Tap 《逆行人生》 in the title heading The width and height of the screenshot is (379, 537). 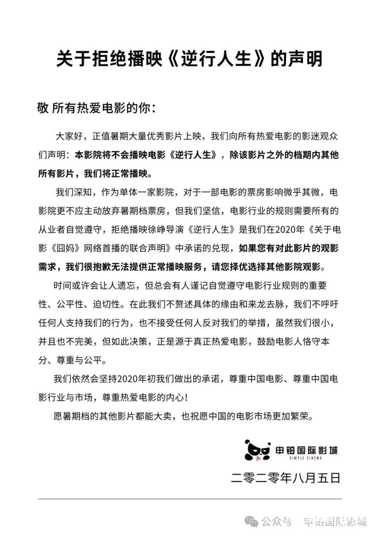click(216, 59)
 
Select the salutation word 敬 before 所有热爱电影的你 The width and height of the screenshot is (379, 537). click(43, 108)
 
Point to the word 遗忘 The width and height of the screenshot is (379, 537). click(126, 285)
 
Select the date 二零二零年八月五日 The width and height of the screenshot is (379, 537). click(286, 478)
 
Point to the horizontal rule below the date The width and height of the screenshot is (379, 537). click(189, 499)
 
